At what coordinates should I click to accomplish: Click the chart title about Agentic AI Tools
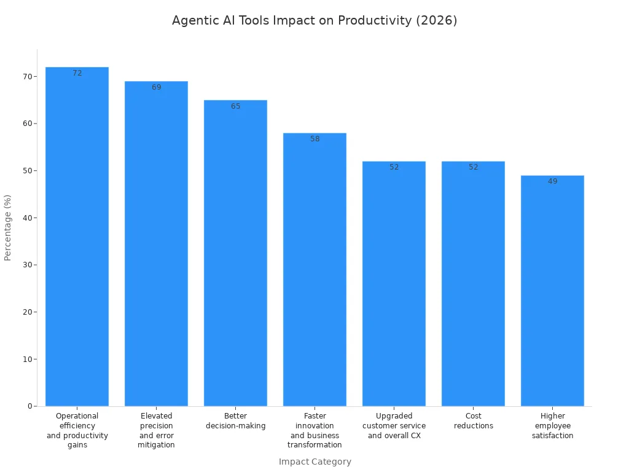point(314,20)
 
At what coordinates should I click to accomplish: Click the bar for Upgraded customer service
point(394,283)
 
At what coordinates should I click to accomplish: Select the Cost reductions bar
point(473,283)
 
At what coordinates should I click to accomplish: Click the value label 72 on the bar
point(77,73)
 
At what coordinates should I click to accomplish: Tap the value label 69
point(156,87)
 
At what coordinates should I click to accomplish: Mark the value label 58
point(314,139)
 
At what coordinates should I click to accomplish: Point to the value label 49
point(552,181)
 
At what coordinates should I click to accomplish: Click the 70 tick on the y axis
point(26,76)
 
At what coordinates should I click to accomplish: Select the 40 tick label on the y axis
point(26,218)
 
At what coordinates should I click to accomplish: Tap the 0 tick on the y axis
point(29,406)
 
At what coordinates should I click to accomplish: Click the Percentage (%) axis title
point(8,227)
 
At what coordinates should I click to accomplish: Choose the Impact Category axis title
point(314,462)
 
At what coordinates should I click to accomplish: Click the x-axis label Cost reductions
point(473,421)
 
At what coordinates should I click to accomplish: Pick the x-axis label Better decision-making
point(235,421)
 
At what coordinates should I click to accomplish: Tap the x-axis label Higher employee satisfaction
point(552,426)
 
